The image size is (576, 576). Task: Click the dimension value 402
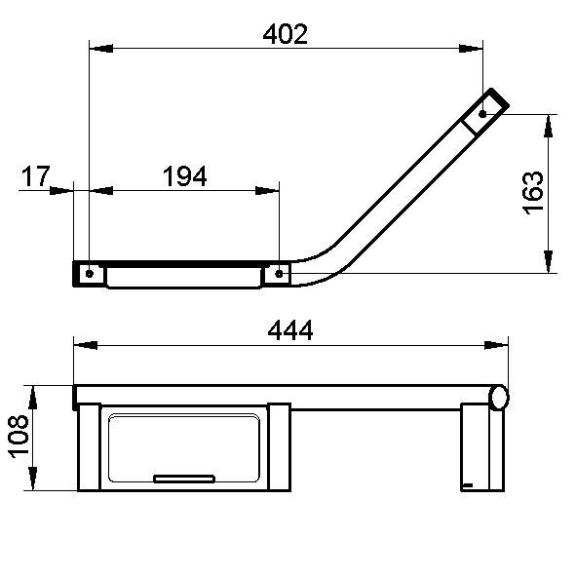pos(286,34)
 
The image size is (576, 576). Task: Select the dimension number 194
pos(184,176)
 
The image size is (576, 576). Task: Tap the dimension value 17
pos(35,176)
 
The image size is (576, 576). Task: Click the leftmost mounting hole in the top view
pos(90,274)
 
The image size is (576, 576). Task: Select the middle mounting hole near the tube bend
pos(280,274)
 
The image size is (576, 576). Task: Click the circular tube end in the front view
pos(500,397)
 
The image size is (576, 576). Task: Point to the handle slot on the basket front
pos(185,478)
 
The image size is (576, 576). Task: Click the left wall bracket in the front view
pos(89,447)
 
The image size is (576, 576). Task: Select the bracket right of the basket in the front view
pos(278,447)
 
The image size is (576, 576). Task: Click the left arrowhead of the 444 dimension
pos(84,344)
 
